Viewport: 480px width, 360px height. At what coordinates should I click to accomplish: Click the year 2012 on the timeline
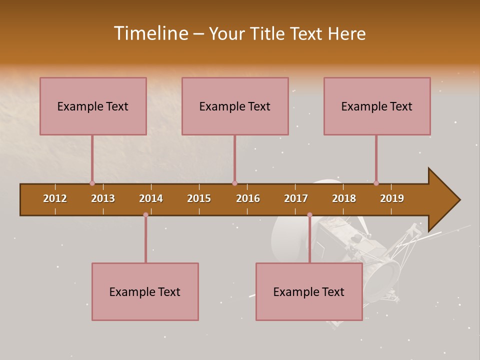(55, 198)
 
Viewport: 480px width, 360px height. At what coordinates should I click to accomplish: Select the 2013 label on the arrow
(103, 198)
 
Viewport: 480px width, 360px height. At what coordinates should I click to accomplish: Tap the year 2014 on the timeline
(151, 198)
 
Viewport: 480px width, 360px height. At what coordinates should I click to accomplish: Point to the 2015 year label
(199, 198)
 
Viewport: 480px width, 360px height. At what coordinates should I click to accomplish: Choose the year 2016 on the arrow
(248, 198)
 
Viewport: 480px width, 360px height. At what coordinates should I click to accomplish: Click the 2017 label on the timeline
(296, 198)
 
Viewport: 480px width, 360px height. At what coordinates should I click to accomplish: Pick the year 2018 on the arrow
(344, 198)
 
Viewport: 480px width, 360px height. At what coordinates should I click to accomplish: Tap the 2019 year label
(392, 198)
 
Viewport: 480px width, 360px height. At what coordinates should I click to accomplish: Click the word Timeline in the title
(150, 33)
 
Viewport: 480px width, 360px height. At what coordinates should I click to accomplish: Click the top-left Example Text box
(93, 106)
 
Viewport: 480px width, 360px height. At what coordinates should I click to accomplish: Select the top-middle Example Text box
(235, 106)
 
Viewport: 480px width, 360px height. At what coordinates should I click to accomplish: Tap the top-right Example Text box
(377, 106)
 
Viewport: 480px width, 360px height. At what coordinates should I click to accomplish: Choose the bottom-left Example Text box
(145, 291)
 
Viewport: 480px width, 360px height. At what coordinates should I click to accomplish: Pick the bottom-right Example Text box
(309, 291)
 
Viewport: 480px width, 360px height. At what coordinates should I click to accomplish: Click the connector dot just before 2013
(92, 183)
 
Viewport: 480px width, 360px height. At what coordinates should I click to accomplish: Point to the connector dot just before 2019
(376, 183)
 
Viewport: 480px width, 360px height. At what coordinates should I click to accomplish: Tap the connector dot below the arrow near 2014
(145, 215)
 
